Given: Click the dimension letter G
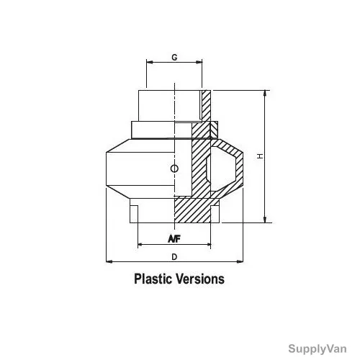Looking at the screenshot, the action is point(174,58).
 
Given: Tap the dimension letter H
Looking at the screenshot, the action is point(260,156).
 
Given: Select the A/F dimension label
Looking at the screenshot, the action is point(174,239).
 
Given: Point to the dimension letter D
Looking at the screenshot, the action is point(174,257).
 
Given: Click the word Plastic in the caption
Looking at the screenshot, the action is point(153,279).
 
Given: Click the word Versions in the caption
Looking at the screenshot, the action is point(200,279).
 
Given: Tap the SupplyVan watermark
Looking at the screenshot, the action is point(318,348).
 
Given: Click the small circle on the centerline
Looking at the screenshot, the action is point(174,168).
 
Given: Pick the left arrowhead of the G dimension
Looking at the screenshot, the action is point(150,62).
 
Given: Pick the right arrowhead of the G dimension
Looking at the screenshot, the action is point(199,62).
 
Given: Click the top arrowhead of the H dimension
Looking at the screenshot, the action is point(265,94).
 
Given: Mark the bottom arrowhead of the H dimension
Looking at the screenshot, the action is point(265,220).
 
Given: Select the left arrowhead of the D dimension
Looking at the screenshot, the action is point(109,261).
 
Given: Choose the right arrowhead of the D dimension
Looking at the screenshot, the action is point(240,261).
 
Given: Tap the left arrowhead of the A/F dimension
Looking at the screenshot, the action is point(141,245).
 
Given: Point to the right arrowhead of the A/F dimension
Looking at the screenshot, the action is point(208,245).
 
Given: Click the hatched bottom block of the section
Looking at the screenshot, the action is point(193,210).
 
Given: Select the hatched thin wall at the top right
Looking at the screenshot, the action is point(206,106).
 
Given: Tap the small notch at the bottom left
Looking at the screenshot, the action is point(134,214).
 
